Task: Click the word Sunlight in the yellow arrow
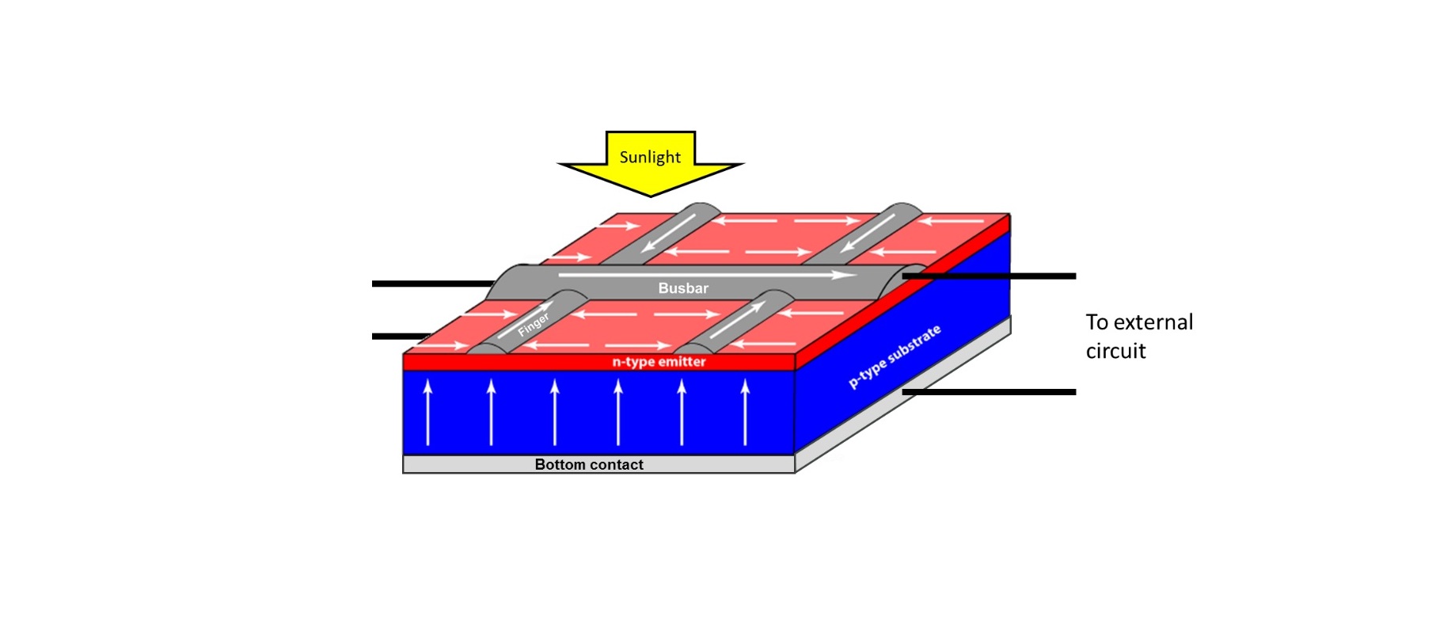pyautogui.click(x=650, y=157)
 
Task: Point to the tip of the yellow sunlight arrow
pyautogui.click(x=651, y=196)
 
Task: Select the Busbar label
pyautogui.click(x=683, y=288)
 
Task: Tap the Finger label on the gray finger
pyautogui.click(x=534, y=324)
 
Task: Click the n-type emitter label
pyautogui.click(x=659, y=362)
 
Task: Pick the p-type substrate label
pyautogui.click(x=895, y=356)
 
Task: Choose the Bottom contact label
pyautogui.click(x=589, y=465)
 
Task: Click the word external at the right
pyautogui.click(x=1153, y=322)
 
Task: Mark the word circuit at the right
pyautogui.click(x=1115, y=351)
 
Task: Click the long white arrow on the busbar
pyautogui.click(x=708, y=275)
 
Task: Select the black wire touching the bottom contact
pyautogui.click(x=989, y=392)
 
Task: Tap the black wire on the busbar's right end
pyautogui.click(x=989, y=276)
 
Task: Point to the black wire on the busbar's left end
pyautogui.click(x=433, y=284)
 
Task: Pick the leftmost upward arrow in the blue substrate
pyautogui.click(x=428, y=412)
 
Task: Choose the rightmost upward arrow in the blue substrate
pyautogui.click(x=745, y=412)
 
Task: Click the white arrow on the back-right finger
pyautogui.click(x=869, y=233)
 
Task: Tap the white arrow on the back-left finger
pyautogui.click(x=670, y=233)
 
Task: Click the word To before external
pyautogui.click(x=1096, y=322)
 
